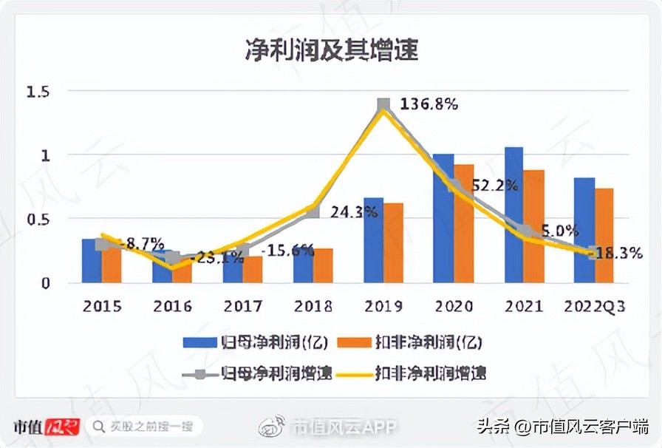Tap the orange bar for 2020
pyautogui.click(x=463, y=223)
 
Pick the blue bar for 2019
pyautogui.click(x=373, y=240)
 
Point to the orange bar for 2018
pyautogui.click(x=323, y=265)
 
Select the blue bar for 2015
pyautogui.click(x=91, y=261)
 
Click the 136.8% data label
pyautogui.click(x=429, y=104)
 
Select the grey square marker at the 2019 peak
pyautogui.click(x=383, y=105)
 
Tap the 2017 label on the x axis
pyautogui.click(x=243, y=306)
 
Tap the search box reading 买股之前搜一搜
pyautogui.click(x=144, y=427)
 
